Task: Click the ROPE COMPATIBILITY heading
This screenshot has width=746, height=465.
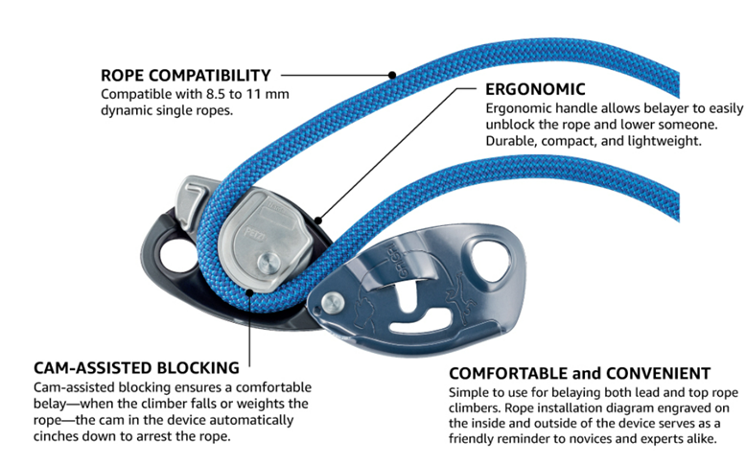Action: tap(186, 75)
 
